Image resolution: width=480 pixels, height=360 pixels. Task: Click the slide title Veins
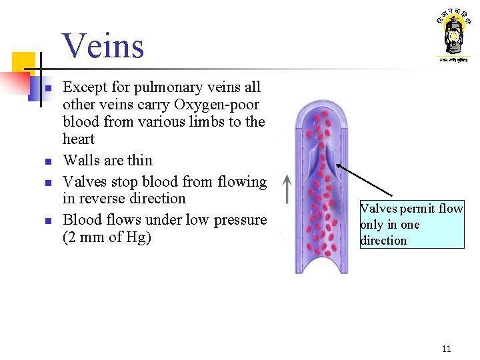[x=103, y=46]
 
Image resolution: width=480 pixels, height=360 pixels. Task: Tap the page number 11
[x=446, y=349]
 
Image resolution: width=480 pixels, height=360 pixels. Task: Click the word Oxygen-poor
[x=217, y=105]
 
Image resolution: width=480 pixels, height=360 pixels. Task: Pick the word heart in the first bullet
[x=79, y=139]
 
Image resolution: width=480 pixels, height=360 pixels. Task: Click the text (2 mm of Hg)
[x=107, y=237]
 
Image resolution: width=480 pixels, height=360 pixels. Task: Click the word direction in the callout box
[x=383, y=241]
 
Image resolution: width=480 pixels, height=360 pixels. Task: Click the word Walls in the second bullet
[x=81, y=161]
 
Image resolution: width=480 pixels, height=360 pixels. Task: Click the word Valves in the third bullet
[x=85, y=181]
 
